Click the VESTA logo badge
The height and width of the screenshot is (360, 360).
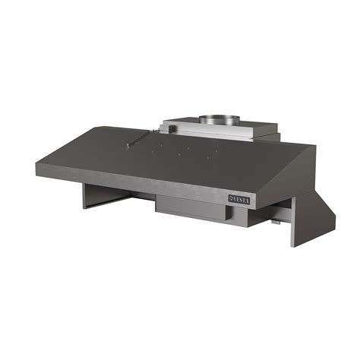239,200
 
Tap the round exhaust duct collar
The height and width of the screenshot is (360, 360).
219,119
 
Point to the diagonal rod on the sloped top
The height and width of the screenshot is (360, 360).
141,138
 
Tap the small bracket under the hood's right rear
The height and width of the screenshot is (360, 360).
276,222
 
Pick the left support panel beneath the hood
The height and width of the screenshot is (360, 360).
106,196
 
